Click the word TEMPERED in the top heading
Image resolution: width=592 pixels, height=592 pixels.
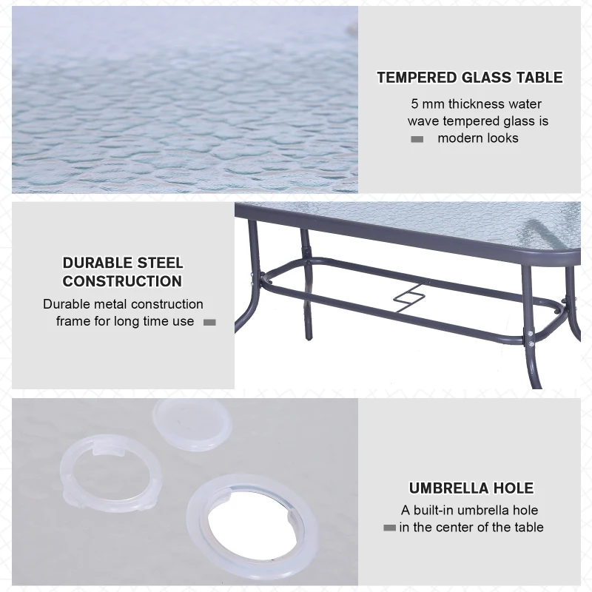pyautogui.click(x=417, y=78)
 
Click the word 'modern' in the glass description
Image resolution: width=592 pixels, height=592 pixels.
pyautogui.click(x=460, y=138)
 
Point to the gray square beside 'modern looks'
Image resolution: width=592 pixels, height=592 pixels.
pyautogui.click(x=417, y=139)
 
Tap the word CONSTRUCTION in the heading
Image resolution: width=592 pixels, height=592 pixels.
pyautogui.click(x=122, y=281)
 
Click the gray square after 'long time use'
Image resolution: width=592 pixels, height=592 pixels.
pyautogui.click(x=209, y=323)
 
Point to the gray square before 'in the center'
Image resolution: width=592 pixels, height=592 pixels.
pyautogui.click(x=390, y=528)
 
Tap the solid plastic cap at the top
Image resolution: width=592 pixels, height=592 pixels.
pyautogui.click(x=192, y=424)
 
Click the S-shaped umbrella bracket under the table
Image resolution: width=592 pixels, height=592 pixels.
pyautogui.click(x=409, y=298)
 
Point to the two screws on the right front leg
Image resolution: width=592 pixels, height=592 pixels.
pyautogui.click(x=530, y=339)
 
